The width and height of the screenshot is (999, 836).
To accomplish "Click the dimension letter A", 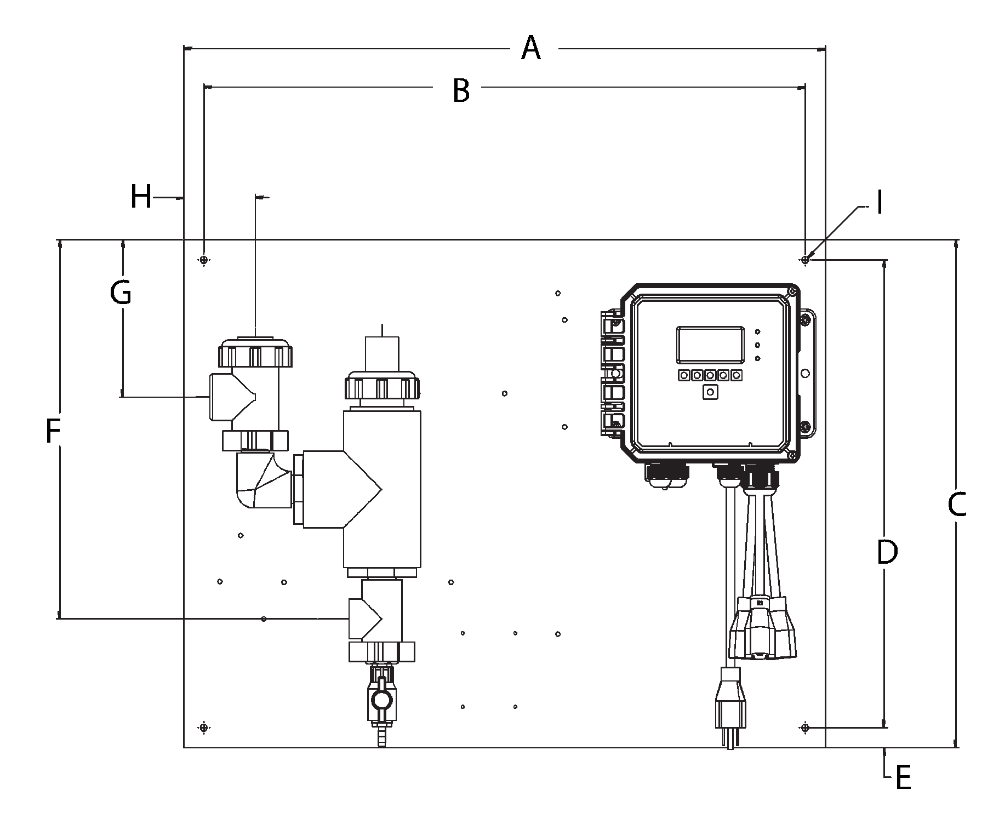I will point(530,49).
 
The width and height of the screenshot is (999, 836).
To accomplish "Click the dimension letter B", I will point(461,90).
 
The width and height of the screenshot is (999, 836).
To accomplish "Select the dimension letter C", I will point(957,505).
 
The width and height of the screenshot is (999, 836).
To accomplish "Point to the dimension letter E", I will point(903,778).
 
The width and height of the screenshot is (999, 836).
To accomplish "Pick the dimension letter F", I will point(52,431).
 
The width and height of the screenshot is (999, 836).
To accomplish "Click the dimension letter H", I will point(141,197).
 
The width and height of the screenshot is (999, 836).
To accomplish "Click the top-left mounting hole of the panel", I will point(204,260).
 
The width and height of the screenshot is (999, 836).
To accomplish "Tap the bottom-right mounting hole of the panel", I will point(804,728).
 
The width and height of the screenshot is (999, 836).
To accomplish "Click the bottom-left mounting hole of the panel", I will point(204,728).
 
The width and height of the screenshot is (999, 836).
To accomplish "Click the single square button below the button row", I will point(711,392).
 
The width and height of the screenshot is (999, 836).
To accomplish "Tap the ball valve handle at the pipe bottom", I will point(381,700).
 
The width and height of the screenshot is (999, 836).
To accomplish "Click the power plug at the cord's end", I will point(729,707).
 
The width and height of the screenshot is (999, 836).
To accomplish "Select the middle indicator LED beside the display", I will point(757,345).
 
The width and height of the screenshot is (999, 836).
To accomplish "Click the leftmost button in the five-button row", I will point(684,375).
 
